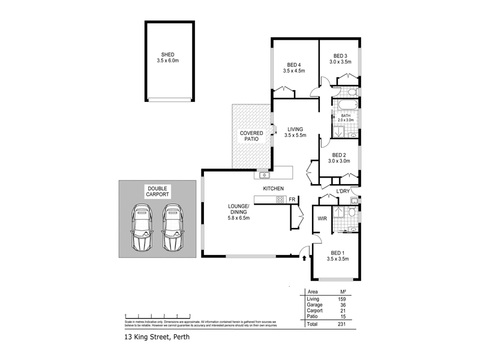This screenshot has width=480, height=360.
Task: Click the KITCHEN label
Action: tap(273, 189)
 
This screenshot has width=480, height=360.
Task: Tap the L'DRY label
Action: tap(343, 191)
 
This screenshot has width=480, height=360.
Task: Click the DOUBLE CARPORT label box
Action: tap(158, 192)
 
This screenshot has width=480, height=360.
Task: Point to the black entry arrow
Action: tap(304, 259)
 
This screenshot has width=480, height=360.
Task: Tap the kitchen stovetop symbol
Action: tap(279, 199)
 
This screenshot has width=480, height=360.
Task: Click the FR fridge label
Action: tap(292, 199)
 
